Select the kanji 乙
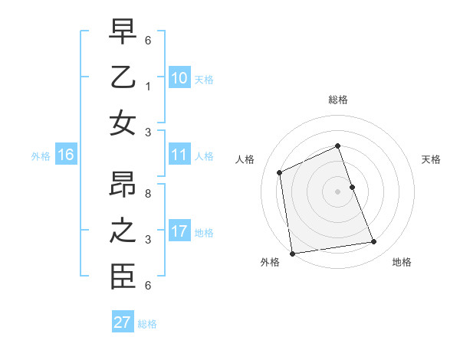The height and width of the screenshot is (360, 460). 123,78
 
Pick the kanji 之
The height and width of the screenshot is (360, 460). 123,232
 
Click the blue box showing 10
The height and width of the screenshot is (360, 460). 179,78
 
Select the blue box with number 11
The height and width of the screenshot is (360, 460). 179,155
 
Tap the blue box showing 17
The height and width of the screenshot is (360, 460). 179,231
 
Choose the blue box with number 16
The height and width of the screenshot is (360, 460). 66,155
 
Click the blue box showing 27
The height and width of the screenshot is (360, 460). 123,322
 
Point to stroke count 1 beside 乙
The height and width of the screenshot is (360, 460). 148,87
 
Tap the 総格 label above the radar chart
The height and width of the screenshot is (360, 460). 338,100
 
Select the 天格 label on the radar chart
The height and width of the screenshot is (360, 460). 431,159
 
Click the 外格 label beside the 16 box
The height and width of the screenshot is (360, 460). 41,156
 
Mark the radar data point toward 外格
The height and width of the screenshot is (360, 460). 292,254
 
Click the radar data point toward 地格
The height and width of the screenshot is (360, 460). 374,242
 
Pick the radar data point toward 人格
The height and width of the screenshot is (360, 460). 280,172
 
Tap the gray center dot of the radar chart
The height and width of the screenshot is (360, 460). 338,191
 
